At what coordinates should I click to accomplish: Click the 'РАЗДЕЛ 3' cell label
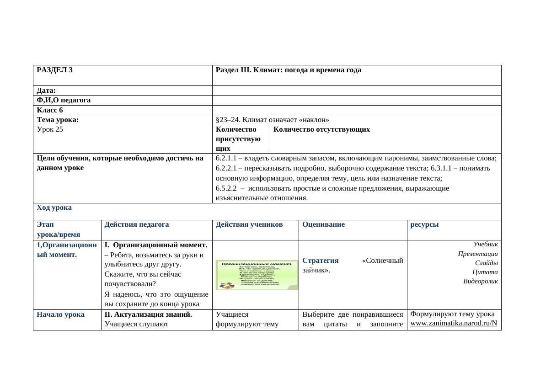click(54, 70)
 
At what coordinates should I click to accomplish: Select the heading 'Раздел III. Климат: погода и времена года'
click(288, 70)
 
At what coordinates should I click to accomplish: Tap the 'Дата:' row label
click(46, 91)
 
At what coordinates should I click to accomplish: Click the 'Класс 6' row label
click(50, 110)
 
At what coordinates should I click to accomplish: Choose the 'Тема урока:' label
click(58, 120)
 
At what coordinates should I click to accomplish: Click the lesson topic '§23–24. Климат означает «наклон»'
click(272, 120)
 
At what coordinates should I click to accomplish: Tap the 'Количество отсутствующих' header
click(321, 129)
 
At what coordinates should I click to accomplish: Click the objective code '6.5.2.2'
click(226, 188)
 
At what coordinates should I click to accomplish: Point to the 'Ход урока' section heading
click(54, 208)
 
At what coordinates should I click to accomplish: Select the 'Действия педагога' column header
click(137, 224)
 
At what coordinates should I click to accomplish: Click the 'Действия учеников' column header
click(249, 224)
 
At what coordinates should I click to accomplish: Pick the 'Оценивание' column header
click(323, 224)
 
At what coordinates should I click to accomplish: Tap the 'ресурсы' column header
click(424, 224)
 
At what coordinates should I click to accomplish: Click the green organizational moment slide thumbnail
click(257, 275)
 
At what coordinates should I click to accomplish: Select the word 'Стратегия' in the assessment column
click(321, 261)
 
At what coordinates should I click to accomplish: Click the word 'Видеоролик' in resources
click(480, 281)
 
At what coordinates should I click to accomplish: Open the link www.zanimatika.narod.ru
click(453, 323)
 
